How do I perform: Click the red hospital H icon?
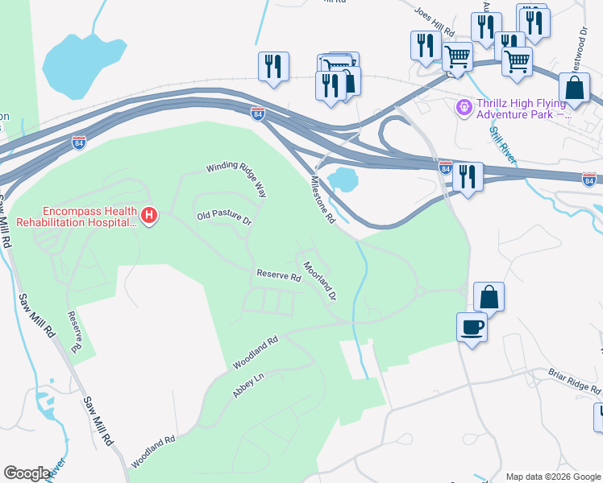(149, 215)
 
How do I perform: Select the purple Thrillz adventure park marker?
(464, 106)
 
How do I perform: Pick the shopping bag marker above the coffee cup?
(489, 297)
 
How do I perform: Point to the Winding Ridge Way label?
(236, 178)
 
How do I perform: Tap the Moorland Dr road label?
(319, 279)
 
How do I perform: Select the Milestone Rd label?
(318, 200)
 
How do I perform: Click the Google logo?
(27, 473)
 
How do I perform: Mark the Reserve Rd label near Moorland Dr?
(278, 276)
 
